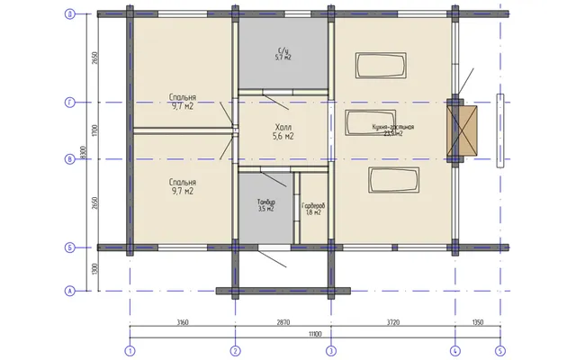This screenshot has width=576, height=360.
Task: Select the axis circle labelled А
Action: [70, 290]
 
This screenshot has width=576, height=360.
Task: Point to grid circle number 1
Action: [130, 350]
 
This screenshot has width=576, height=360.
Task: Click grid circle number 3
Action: [330, 350]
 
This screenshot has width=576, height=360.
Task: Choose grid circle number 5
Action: [500, 350]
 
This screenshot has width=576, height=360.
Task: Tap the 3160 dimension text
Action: [182, 321]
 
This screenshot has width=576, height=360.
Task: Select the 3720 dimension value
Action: [391, 321]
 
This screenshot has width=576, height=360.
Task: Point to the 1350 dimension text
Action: [478, 321]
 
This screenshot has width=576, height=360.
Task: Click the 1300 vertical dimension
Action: [94, 268]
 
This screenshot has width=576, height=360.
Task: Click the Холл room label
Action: [283, 126]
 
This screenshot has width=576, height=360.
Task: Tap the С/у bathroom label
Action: [283, 49]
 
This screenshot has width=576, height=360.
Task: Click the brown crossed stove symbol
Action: [464, 130]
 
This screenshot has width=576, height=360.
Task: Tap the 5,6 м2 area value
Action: [283, 137]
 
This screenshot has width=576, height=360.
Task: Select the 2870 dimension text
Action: [283, 321]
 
